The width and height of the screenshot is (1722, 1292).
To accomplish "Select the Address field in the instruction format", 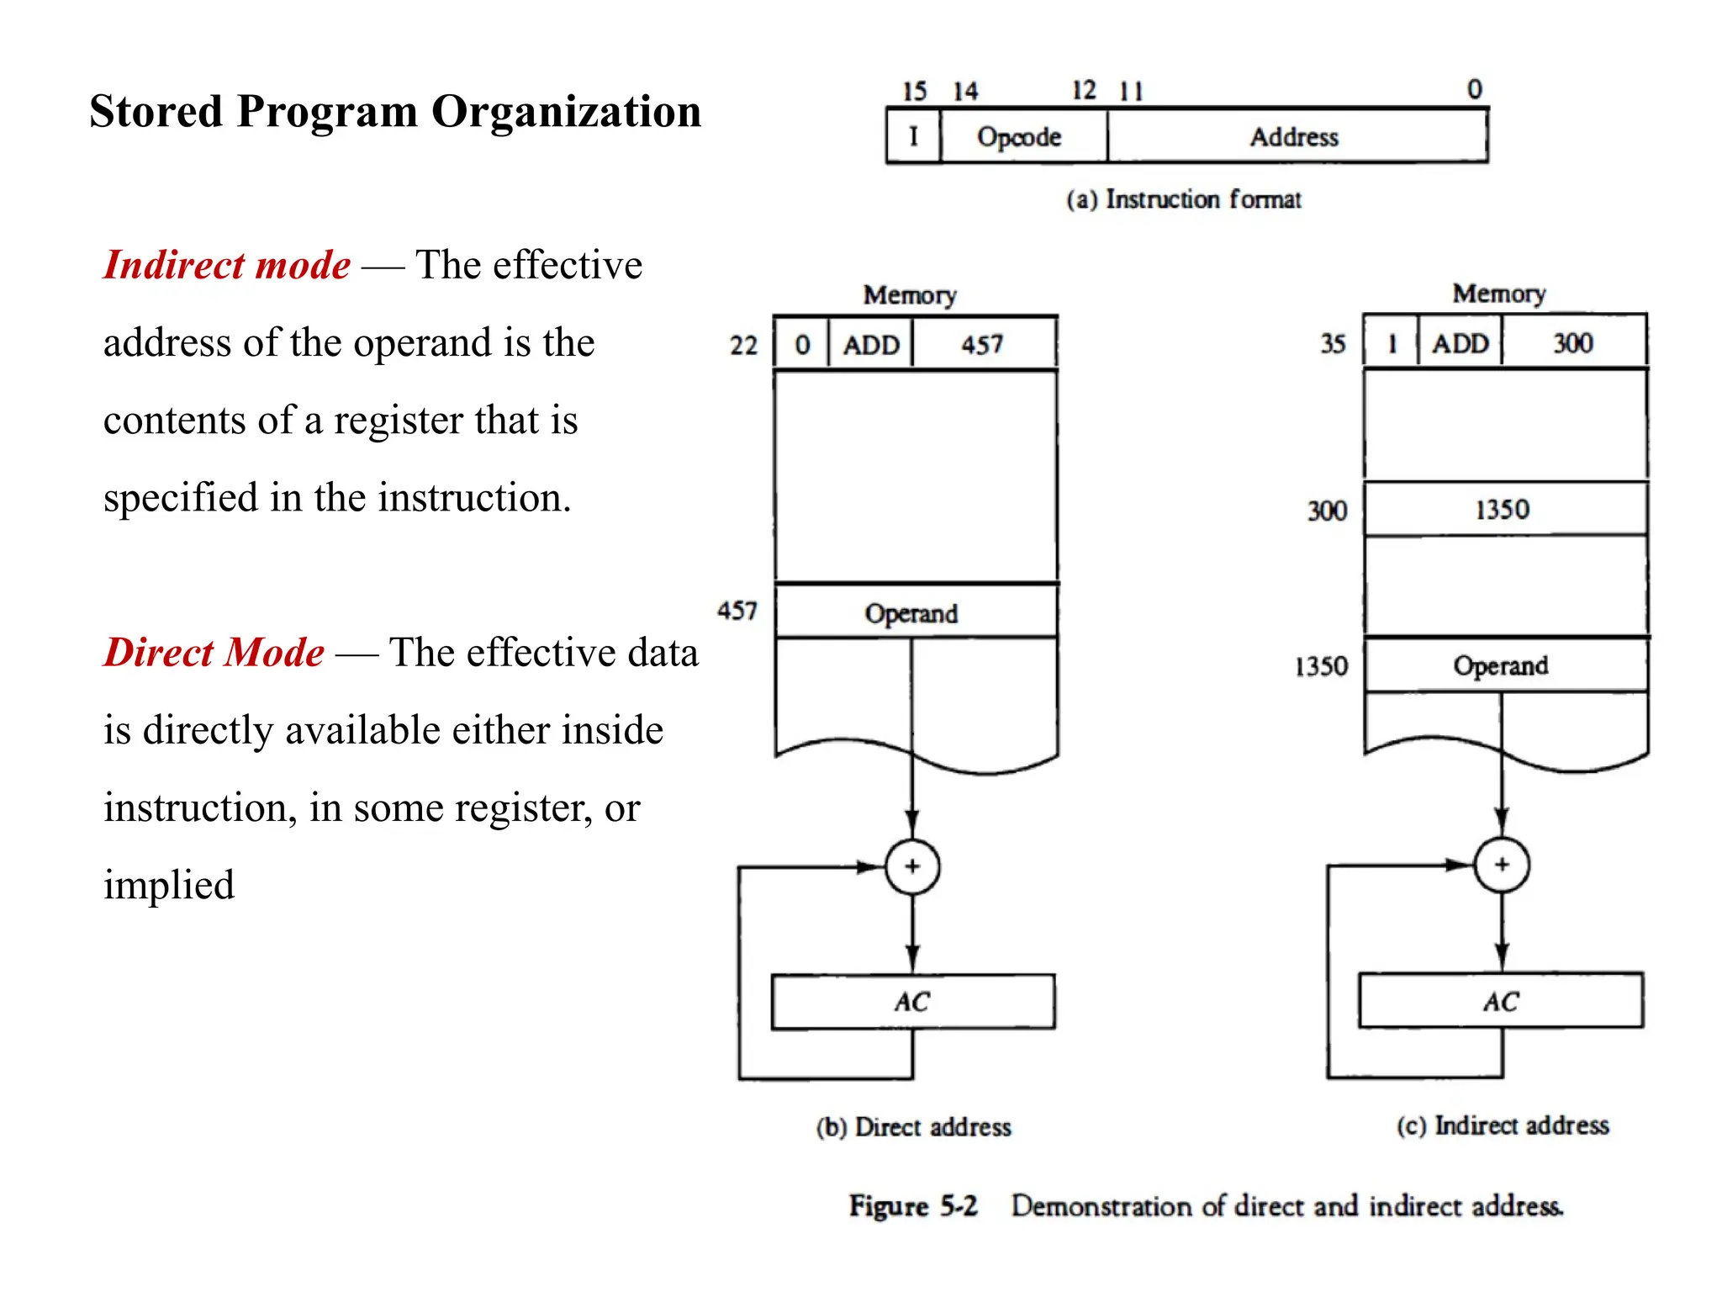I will pyautogui.click(x=1296, y=136).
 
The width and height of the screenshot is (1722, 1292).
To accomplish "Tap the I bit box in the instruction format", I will pyautogui.click(x=914, y=136).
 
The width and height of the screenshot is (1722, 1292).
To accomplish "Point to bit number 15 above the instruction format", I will pyautogui.click(x=914, y=91).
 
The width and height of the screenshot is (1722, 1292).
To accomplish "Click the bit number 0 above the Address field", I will pyautogui.click(x=1475, y=89).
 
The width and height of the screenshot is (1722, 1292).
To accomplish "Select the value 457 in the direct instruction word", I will pyautogui.click(x=983, y=344).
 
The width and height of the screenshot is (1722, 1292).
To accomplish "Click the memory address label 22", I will pyautogui.click(x=743, y=346).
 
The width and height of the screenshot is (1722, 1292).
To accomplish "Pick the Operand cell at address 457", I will pyautogui.click(x=915, y=612).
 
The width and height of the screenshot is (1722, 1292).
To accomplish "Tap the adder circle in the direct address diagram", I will pyautogui.click(x=912, y=866).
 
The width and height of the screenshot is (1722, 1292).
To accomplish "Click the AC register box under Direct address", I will pyautogui.click(x=913, y=1002).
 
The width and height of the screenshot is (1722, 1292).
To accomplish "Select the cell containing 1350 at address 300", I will pyautogui.click(x=1504, y=510).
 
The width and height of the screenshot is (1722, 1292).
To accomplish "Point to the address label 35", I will pyautogui.click(x=1333, y=343).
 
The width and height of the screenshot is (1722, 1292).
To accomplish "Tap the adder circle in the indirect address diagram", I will pyautogui.click(x=1502, y=865).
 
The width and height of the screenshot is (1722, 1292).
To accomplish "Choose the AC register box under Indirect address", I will pyautogui.click(x=1501, y=1001).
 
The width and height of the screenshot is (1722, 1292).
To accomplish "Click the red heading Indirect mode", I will pyautogui.click(x=227, y=265).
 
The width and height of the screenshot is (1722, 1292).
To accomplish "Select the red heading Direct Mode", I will pyautogui.click(x=214, y=653).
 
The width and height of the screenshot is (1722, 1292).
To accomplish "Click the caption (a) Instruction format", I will pyautogui.click(x=1183, y=199).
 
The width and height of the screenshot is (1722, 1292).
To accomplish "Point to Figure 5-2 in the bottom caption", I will pyautogui.click(x=913, y=1205).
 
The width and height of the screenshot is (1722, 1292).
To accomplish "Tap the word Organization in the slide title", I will pyautogui.click(x=566, y=111).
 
